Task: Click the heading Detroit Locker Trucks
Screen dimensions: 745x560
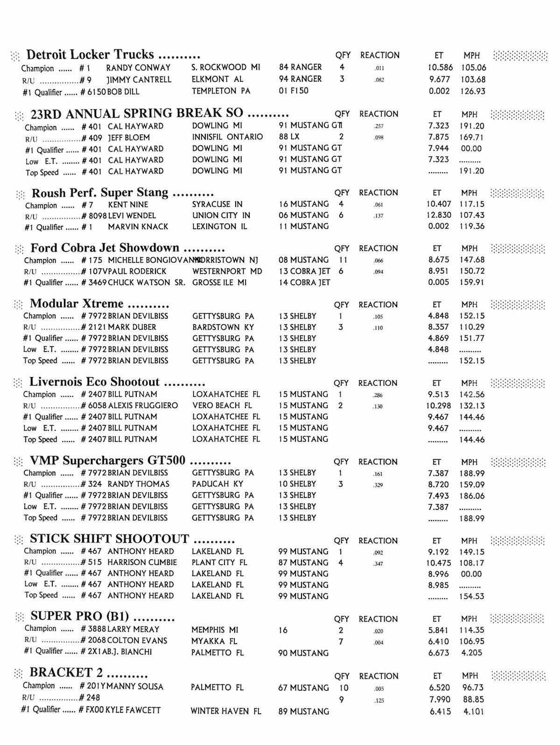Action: [x=90, y=55]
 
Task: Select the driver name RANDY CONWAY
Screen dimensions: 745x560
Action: [x=138, y=68]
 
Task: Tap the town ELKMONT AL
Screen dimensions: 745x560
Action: [x=217, y=79]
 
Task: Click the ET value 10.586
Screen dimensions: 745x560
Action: [x=440, y=68]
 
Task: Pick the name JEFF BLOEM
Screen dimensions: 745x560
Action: [x=129, y=138]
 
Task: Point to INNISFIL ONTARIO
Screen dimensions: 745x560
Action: [x=227, y=137]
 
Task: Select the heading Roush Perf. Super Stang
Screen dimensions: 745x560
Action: [x=100, y=193]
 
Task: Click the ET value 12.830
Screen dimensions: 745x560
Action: [x=439, y=216]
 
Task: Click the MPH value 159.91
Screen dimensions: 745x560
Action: [x=472, y=282]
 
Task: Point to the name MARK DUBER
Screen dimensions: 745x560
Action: [x=132, y=327]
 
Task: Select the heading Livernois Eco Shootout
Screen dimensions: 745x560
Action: [x=94, y=382]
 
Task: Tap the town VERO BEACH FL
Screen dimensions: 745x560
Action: [x=222, y=406]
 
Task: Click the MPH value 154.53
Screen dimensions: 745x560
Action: [x=471, y=597]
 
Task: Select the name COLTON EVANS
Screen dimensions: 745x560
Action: [x=137, y=641]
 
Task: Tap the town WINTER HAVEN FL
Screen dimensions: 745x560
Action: [x=225, y=711]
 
